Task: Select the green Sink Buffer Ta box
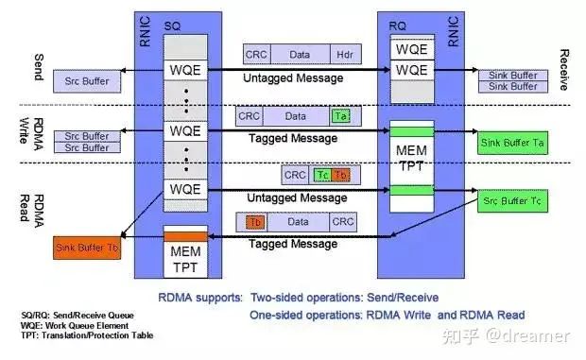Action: point(516,142)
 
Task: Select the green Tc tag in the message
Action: point(321,175)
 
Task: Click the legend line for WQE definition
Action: point(80,324)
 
